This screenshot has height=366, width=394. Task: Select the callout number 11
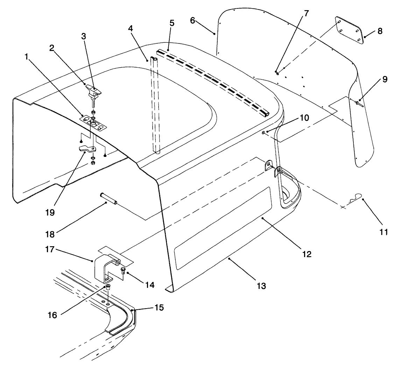coord(384,232)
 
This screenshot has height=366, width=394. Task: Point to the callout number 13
coord(261,286)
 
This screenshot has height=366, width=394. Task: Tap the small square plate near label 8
coord(348,29)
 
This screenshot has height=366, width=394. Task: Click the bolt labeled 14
coord(123,270)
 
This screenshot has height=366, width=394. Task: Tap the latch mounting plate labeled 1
coord(93,124)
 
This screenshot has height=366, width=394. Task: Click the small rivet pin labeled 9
coord(358,103)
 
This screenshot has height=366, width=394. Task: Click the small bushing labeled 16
coord(108,288)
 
